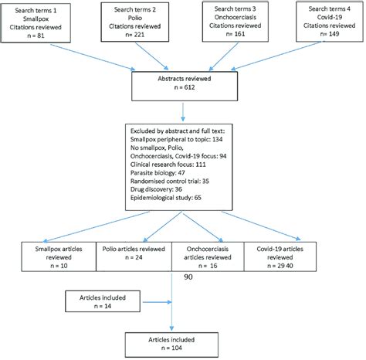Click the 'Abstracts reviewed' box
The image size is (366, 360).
[x=183, y=87]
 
